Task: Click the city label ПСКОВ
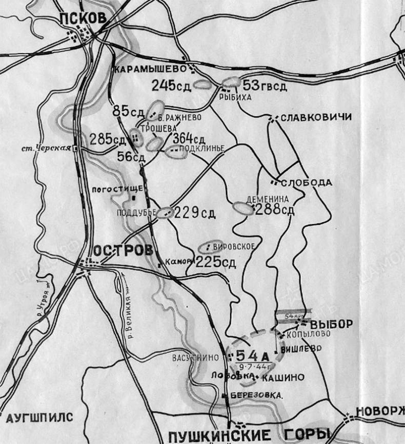pyautogui.click(x=83, y=18)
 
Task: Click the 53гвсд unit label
pyautogui.click(x=265, y=85)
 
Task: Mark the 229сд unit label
pyautogui.click(x=194, y=212)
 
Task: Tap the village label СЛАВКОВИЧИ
pyautogui.click(x=315, y=117)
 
